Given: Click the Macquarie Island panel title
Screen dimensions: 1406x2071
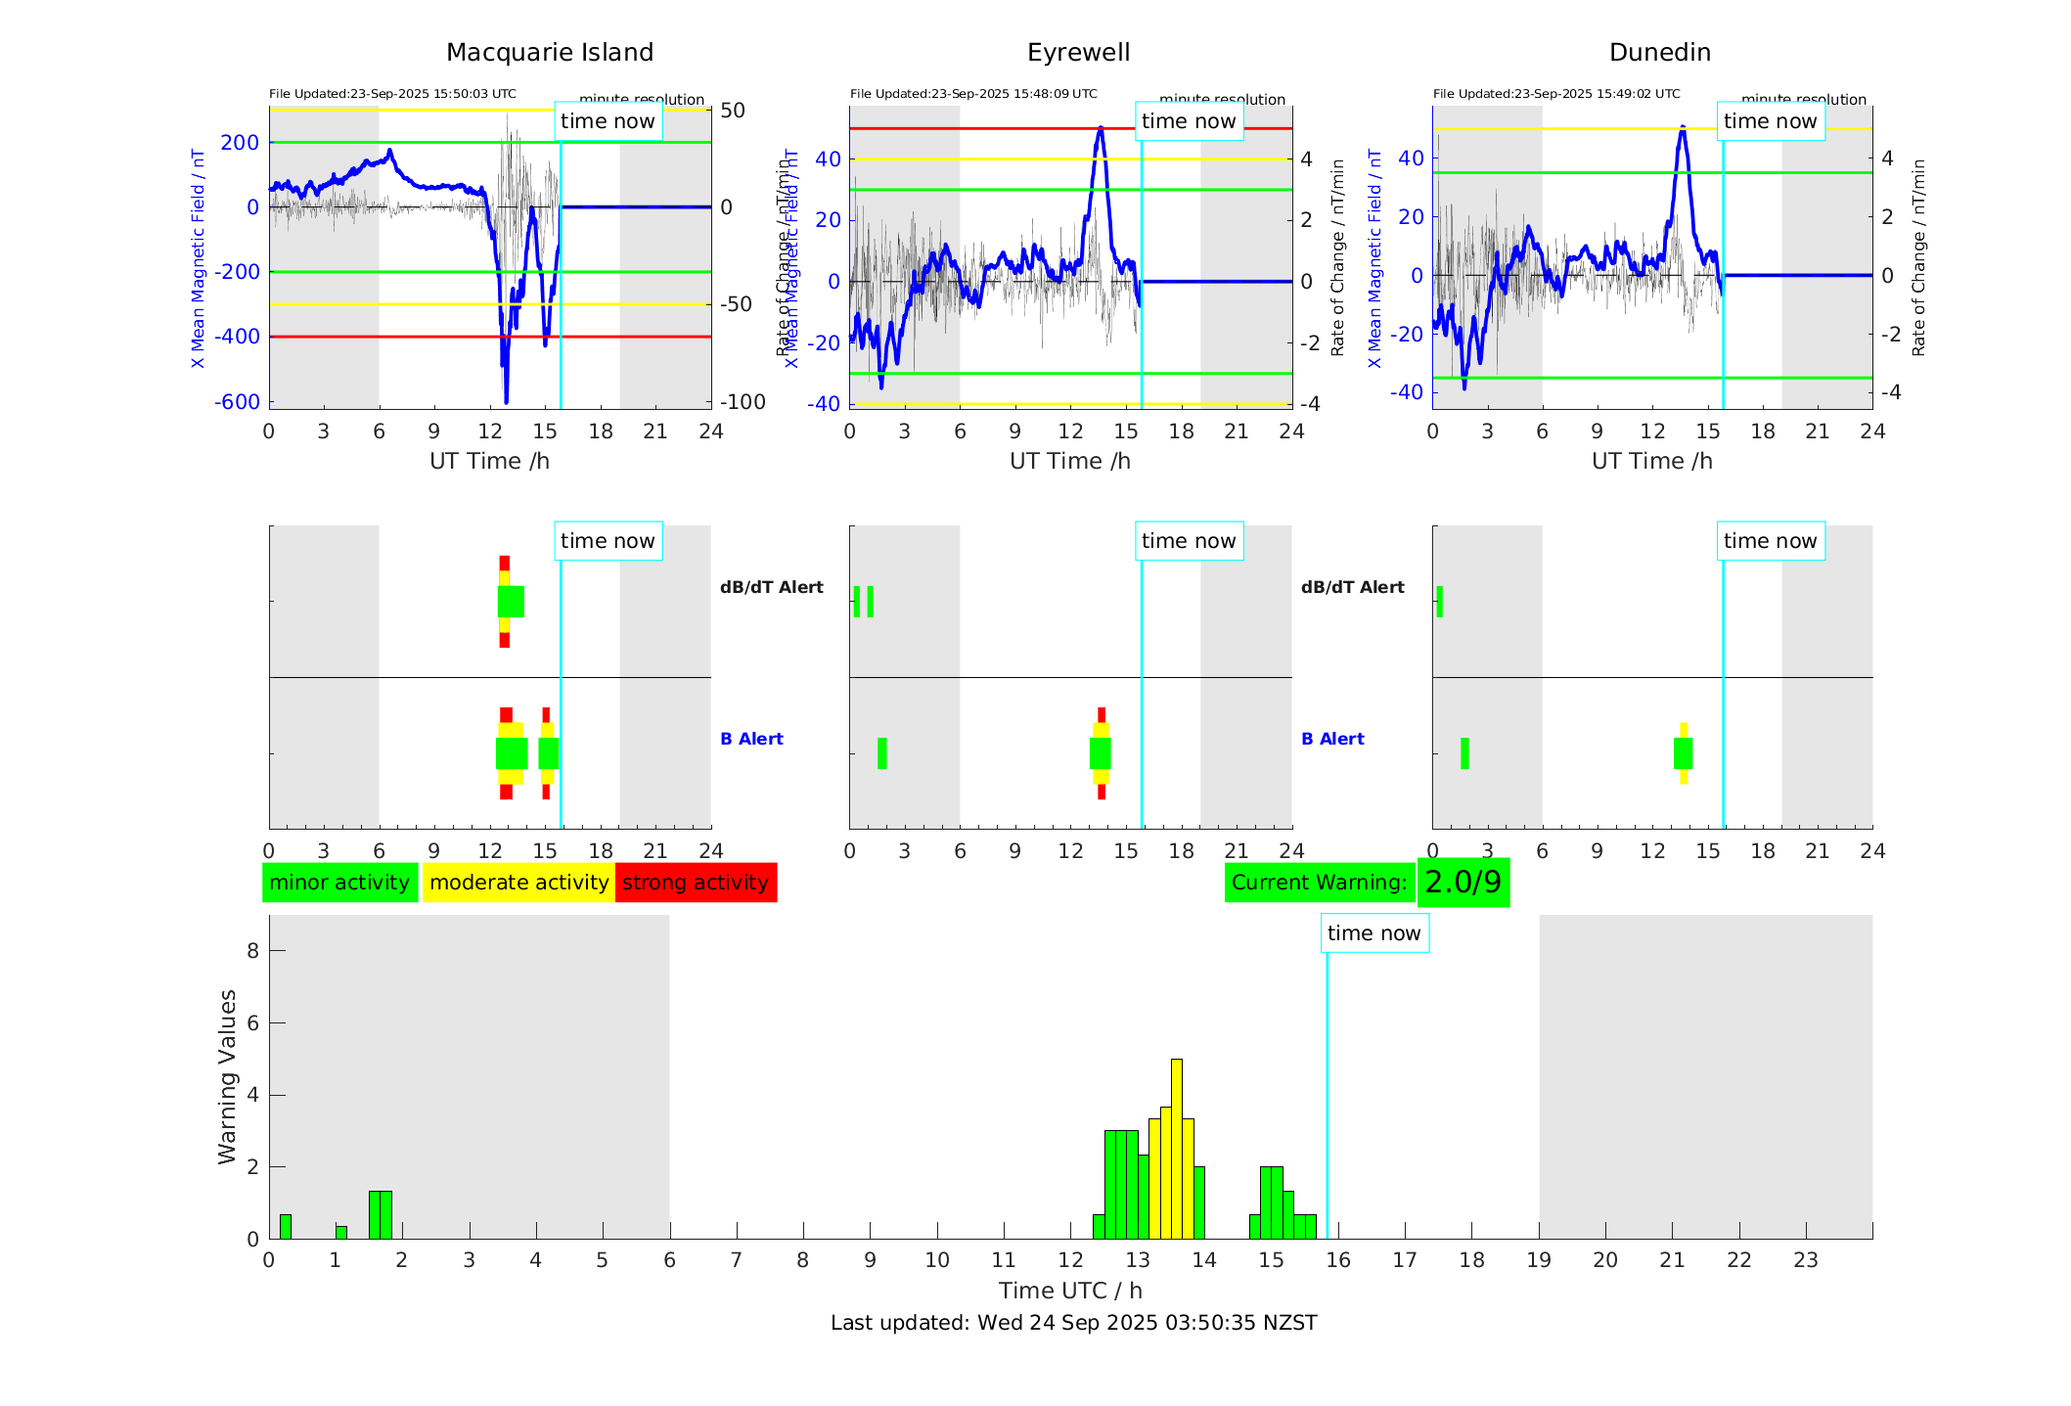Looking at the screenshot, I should coord(550,53).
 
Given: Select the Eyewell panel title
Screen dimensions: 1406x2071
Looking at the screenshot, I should coord(1078,53).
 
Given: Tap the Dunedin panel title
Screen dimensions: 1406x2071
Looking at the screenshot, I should coord(1659,53).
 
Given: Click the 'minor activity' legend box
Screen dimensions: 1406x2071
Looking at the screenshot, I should coord(339,883).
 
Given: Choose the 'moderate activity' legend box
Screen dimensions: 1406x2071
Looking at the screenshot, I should coord(518,883).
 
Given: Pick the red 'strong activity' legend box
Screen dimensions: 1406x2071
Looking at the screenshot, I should coord(696,883).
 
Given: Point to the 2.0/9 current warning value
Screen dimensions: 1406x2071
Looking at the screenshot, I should coord(1463,883).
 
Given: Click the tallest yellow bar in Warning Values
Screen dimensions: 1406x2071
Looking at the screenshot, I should coord(1176,1145).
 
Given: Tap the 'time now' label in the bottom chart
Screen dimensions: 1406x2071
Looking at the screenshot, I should coord(1373,933).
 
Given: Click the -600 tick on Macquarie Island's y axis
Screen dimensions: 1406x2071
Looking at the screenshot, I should coord(238,402).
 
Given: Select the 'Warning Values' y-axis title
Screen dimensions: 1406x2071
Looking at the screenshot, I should coord(228,1076).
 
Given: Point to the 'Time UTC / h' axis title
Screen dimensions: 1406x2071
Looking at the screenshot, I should coord(1070,1291).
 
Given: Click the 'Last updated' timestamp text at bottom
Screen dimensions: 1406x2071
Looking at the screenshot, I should coord(1073,1323).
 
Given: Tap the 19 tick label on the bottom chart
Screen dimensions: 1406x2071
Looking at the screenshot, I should coord(1539,1260).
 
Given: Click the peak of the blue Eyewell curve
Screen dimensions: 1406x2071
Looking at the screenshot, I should coord(1101,128).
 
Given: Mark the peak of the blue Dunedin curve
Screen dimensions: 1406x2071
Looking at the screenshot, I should coord(1683,127).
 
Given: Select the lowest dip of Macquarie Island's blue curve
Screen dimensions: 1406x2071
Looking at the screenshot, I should coord(506,400).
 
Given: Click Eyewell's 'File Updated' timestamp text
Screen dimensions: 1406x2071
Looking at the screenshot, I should coord(973,94).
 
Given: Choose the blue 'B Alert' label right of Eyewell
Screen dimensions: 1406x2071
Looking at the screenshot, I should coord(1332,739).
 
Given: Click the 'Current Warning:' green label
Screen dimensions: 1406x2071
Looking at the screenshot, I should coord(1319,883).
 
